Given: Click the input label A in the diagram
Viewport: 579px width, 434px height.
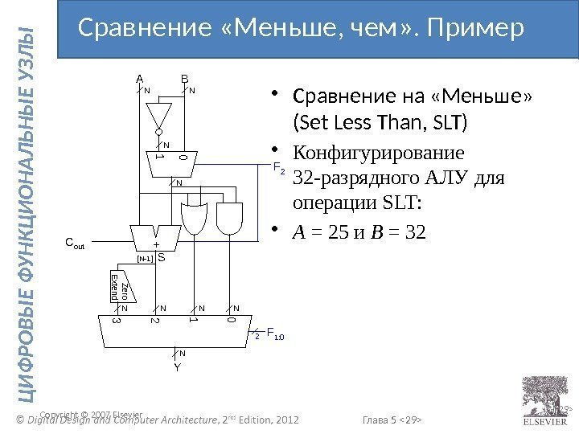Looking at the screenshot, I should (x=138, y=80).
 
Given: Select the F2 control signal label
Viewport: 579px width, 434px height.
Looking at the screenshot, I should (x=278, y=169).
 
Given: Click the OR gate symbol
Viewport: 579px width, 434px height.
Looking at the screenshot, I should (x=194, y=217).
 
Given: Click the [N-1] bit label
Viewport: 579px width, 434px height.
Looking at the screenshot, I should (x=146, y=259).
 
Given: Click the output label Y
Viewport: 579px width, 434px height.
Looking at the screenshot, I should (x=177, y=368).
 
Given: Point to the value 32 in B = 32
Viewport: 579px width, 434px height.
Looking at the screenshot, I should (x=413, y=231).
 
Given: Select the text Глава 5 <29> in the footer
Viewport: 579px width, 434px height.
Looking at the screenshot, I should (x=394, y=419).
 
